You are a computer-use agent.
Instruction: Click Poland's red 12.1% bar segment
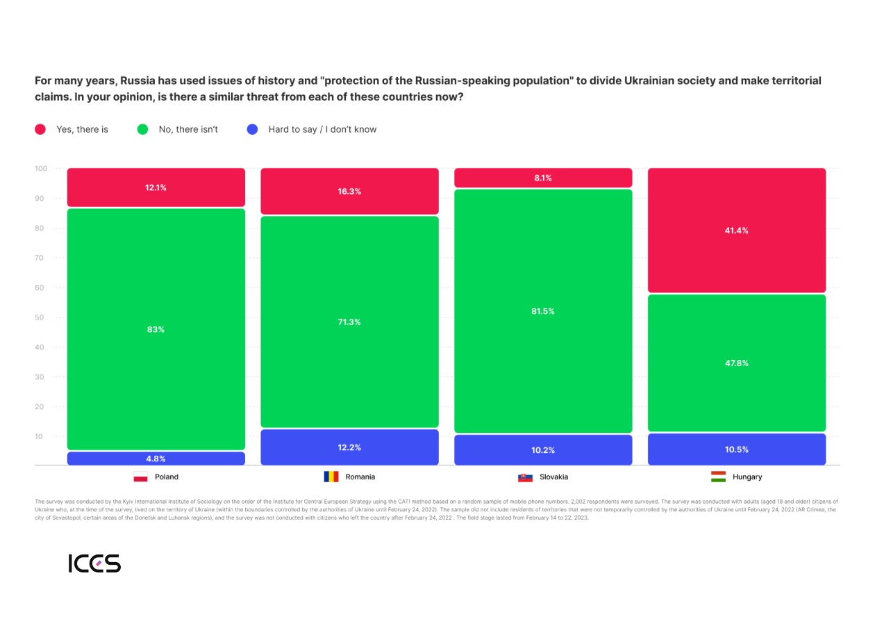pyautogui.click(x=156, y=188)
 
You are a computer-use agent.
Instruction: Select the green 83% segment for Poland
pyautogui.click(x=156, y=329)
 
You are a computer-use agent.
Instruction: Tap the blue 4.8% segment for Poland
pyautogui.click(x=156, y=459)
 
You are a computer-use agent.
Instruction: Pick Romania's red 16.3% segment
pyautogui.click(x=349, y=191)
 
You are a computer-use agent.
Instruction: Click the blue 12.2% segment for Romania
pyautogui.click(x=349, y=447)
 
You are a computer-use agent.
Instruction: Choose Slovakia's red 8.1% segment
pyautogui.click(x=543, y=178)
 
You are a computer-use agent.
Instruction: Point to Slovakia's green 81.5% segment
pyautogui.click(x=543, y=311)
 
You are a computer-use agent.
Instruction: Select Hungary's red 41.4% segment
pyautogui.click(x=737, y=230)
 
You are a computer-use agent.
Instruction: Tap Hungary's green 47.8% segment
pyautogui.click(x=737, y=363)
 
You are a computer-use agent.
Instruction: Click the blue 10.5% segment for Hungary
pyautogui.click(x=737, y=449)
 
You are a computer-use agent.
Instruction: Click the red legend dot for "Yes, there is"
pyautogui.click(x=40, y=129)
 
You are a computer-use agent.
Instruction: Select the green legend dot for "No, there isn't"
pyautogui.click(x=143, y=129)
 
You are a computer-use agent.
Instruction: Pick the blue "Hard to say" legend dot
pyautogui.click(x=253, y=129)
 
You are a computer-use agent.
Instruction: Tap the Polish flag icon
pyautogui.click(x=140, y=477)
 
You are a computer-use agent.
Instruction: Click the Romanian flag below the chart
pyautogui.click(x=331, y=477)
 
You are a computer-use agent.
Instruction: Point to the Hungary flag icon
pyautogui.click(x=718, y=477)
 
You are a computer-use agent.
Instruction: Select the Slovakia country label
pyautogui.click(x=553, y=477)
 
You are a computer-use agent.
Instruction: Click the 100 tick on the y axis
pyautogui.click(x=41, y=169)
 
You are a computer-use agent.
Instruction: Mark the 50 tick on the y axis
pyautogui.click(x=41, y=317)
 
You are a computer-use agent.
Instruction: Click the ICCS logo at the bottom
pyautogui.click(x=94, y=563)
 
